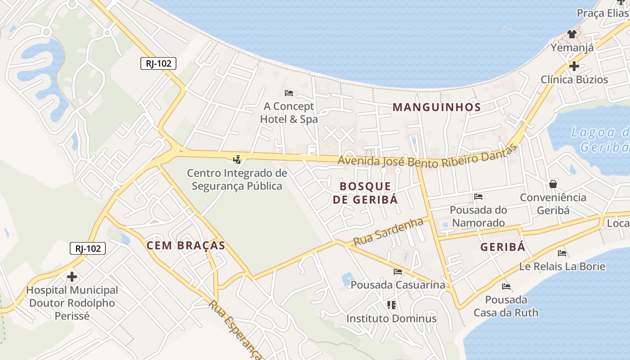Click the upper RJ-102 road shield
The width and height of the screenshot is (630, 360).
pyautogui.click(x=158, y=63)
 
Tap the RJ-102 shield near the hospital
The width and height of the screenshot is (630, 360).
pyautogui.click(x=88, y=248)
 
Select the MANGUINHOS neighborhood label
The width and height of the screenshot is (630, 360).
pyautogui.click(x=436, y=107)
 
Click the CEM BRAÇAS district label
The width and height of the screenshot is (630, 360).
pyautogui.click(x=185, y=245)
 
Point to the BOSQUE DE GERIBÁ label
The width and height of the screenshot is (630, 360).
pyautogui.click(x=365, y=193)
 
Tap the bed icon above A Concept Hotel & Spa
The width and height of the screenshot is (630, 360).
pyautogui.click(x=289, y=93)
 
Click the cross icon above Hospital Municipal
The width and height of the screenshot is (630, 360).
pyautogui.click(x=72, y=276)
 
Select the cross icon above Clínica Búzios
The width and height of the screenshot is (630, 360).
pyautogui.click(x=574, y=66)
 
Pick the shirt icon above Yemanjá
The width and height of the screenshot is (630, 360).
pyautogui.click(x=571, y=34)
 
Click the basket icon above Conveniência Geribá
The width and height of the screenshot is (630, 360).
pyautogui.click(x=553, y=184)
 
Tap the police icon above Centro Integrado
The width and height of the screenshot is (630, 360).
pyautogui.click(x=237, y=159)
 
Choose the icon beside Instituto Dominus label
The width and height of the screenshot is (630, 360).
pyautogui.click(x=391, y=305)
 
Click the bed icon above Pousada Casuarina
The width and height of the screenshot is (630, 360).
pyautogui.click(x=398, y=271)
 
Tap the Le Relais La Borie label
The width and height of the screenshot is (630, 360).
pyautogui.click(x=562, y=266)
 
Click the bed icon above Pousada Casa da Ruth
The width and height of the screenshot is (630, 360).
pyautogui.click(x=506, y=286)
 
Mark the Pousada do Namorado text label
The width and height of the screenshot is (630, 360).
pyautogui.click(x=478, y=216)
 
